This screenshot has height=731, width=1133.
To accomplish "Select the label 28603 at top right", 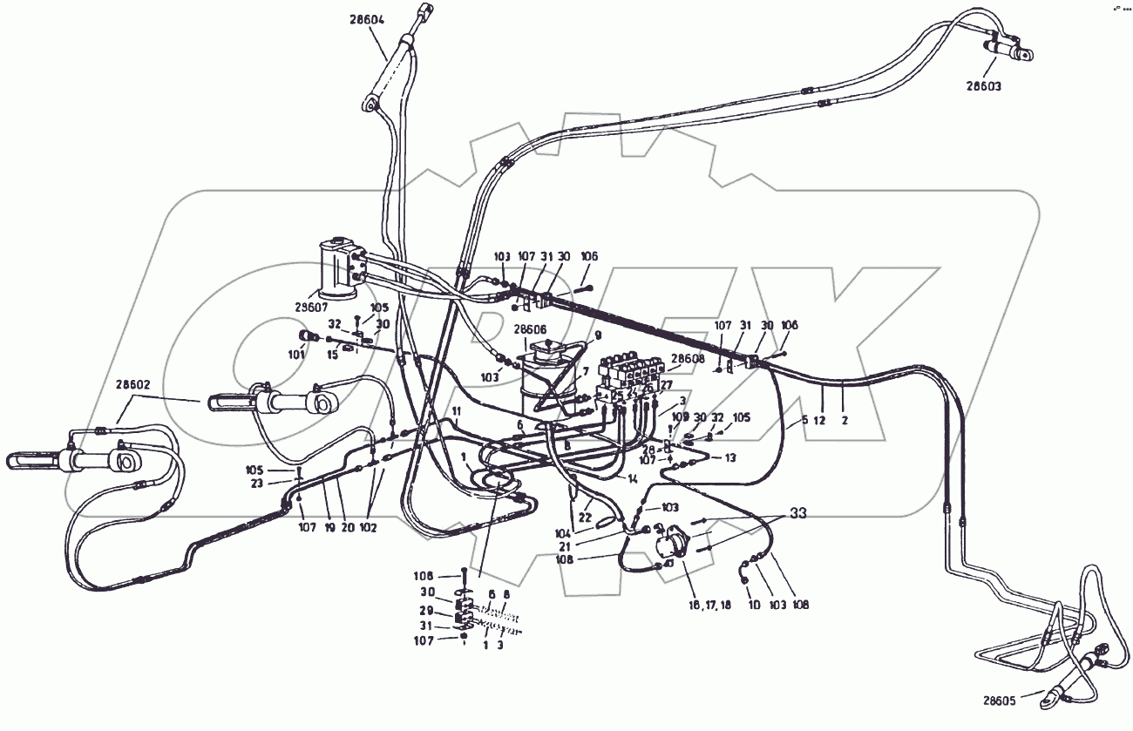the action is (x=983, y=85).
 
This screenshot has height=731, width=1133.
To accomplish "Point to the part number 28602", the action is (x=132, y=383).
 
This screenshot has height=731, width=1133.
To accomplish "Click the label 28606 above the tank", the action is (x=530, y=329).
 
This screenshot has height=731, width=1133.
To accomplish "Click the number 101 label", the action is (x=296, y=355).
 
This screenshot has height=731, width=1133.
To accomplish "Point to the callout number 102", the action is (x=368, y=527).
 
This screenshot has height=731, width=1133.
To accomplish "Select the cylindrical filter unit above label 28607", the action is (x=336, y=266).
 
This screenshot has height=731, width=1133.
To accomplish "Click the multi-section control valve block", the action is (x=631, y=371).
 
